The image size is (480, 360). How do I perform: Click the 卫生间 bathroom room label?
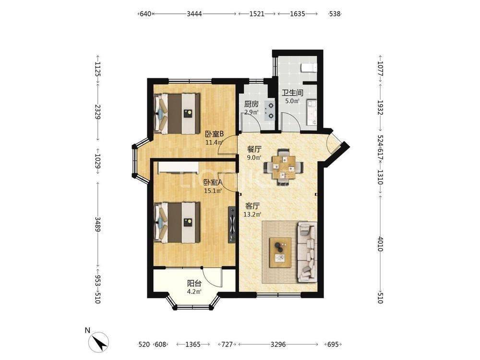(292, 93)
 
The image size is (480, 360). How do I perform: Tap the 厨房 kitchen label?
(251, 104)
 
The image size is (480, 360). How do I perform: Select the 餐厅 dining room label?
(254, 150)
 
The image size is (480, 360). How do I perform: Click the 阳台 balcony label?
(194, 284)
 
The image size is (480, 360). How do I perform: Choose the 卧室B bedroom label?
(215, 134)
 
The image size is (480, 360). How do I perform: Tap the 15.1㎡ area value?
(213, 191)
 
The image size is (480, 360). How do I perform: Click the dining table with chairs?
(284, 167)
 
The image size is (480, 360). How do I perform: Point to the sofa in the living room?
(306, 252)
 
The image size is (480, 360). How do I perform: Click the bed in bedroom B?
(177, 113)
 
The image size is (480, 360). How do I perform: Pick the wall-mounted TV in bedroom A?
(232, 225)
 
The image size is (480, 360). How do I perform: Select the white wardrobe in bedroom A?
(178, 168)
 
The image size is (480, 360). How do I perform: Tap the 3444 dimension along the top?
(194, 14)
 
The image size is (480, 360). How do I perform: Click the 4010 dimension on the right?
(380, 244)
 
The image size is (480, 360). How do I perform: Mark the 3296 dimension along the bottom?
(278, 345)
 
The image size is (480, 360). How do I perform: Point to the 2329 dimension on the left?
(97, 112)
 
